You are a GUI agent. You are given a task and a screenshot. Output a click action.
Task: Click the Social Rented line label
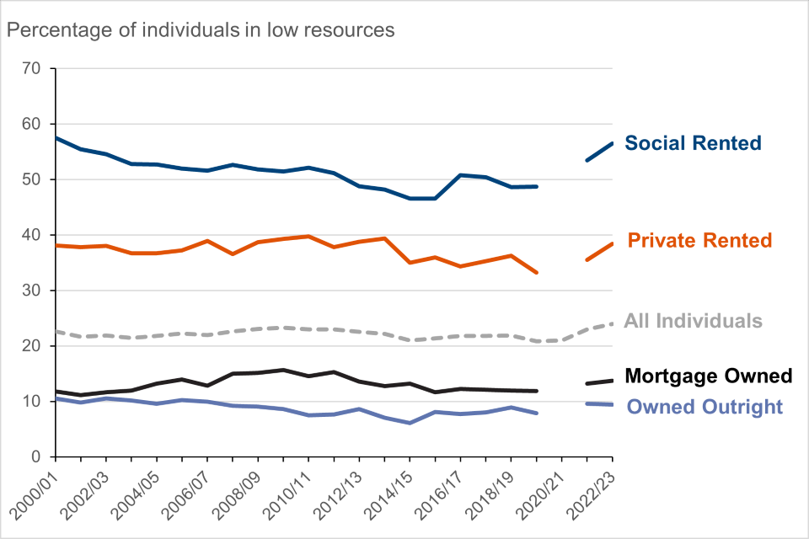pos(693,143)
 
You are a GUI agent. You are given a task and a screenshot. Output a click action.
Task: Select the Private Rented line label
pos(699,241)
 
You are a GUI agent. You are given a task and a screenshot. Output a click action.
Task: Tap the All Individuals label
pos(693,321)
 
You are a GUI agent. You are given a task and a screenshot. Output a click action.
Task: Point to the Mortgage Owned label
pos(708,376)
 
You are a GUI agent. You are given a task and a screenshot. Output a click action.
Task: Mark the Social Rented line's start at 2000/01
pos(56,137)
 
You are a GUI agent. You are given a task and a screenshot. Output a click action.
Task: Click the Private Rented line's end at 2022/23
pos(612,243)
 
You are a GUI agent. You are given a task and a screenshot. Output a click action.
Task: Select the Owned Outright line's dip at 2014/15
pos(410,423)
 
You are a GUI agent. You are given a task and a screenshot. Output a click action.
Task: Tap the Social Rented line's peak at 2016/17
pos(460,175)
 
